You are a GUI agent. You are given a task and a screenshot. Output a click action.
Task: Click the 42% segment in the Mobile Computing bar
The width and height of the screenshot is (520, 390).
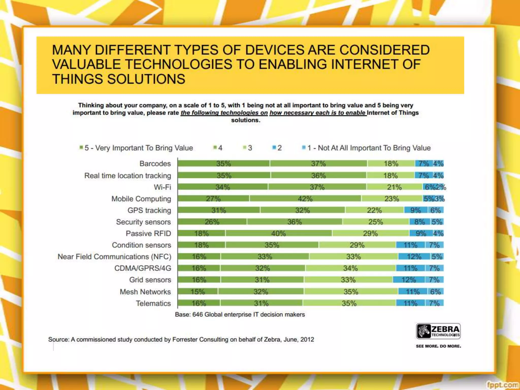pyautogui.click(x=305, y=199)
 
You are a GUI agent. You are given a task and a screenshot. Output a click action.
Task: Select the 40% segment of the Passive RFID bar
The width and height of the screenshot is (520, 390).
pyautogui.click(x=279, y=233)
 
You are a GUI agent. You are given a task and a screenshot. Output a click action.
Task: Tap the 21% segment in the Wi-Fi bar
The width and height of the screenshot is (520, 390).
pyautogui.click(x=394, y=187)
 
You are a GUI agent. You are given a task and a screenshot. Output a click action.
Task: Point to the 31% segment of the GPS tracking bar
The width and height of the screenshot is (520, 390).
pyautogui.click(x=219, y=210)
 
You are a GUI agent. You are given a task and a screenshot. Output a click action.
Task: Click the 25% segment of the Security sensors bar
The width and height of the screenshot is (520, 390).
pyautogui.click(x=376, y=222)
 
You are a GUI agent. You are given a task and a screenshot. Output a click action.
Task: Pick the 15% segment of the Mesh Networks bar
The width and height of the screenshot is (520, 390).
pyautogui.click(x=198, y=291)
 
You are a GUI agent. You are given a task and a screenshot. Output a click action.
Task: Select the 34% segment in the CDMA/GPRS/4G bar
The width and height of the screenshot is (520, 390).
pyautogui.click(x=350, y=268)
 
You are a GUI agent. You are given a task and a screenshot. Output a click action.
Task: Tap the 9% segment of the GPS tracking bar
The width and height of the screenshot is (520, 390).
pyautogui.click(x=416, y=210)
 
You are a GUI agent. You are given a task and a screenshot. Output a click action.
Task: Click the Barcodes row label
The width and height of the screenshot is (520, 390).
pyautogui.click(x=155, y=164)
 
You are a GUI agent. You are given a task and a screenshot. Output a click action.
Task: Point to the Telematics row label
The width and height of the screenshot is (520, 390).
pyautogui.click(x=153, y=303)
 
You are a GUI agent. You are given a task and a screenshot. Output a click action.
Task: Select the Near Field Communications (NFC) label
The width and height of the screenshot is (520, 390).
pyautogui.click(x=115, y=257)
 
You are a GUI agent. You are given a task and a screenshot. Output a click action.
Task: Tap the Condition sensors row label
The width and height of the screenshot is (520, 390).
pyautogui.click(x=141, y=245)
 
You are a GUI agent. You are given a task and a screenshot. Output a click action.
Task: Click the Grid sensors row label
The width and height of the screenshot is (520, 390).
pyautogui.click(x=150, y=280)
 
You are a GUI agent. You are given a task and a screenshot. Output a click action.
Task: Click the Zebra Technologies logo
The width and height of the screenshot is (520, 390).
pyautogui.click(x=438, y=331)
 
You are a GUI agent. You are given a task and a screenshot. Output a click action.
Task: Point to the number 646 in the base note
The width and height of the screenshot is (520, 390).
pyautogui.click(x=198, y=314)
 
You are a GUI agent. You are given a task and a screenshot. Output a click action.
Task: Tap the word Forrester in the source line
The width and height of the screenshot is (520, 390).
pyautogui.click(x=185, y=339)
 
